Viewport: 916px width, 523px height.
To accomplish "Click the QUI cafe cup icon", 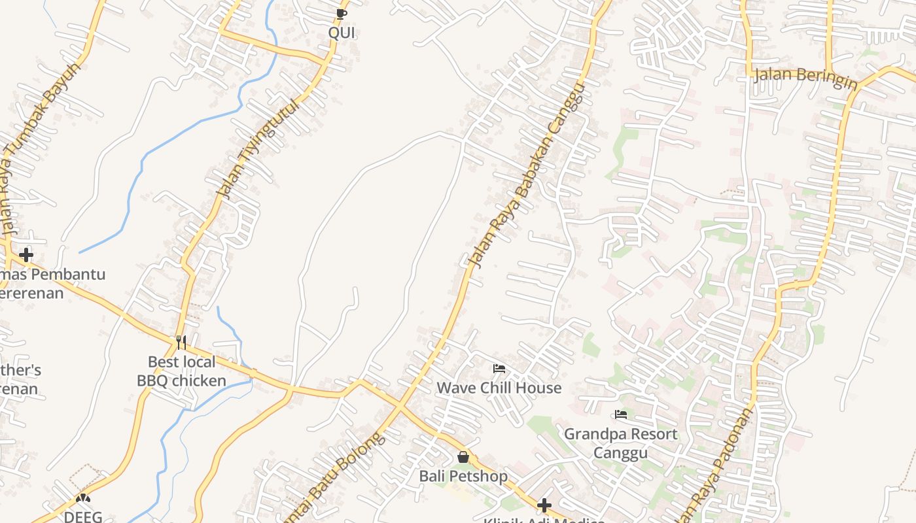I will tap(341, 14).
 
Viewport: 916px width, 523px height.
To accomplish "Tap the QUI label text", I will tap(342, 33).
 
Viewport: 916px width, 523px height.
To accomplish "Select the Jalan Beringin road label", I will tap(805, 78).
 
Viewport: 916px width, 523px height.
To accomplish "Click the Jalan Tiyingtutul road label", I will tap(258, 149).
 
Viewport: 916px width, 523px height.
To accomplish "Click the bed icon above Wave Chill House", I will tap(499, 369).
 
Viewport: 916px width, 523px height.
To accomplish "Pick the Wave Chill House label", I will tap(499, 388).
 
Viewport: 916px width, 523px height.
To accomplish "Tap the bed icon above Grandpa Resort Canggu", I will tap(621, 414).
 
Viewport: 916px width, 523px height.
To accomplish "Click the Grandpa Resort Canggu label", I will tap(621, 443).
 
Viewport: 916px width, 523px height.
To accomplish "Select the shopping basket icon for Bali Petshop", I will tap(463, 457).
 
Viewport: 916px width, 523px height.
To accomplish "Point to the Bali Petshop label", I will tap(463, 476).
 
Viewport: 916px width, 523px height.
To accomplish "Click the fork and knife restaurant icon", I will tap(181, 342).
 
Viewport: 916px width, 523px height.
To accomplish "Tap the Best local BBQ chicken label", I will tap(181, 371).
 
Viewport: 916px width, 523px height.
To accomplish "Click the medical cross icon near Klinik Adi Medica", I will tap(544, 505).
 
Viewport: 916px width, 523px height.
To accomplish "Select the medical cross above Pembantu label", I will tap(26, 254).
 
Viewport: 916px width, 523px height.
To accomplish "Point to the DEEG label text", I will tap(83, 516).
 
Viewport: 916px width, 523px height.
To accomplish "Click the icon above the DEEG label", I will tap(83, 498).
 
